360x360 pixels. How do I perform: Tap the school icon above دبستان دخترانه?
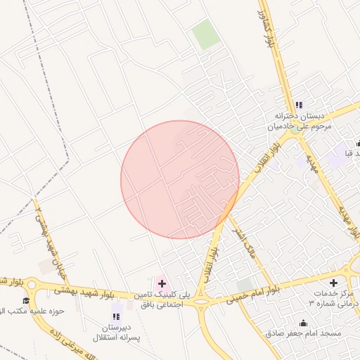[x=299, y=105]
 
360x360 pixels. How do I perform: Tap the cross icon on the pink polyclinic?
[x=161, y=283]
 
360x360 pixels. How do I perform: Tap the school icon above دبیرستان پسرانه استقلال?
[x=116, y=316]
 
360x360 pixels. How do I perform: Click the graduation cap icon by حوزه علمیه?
[x=27, y=301]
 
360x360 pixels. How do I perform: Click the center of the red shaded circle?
[x=179, y=179]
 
